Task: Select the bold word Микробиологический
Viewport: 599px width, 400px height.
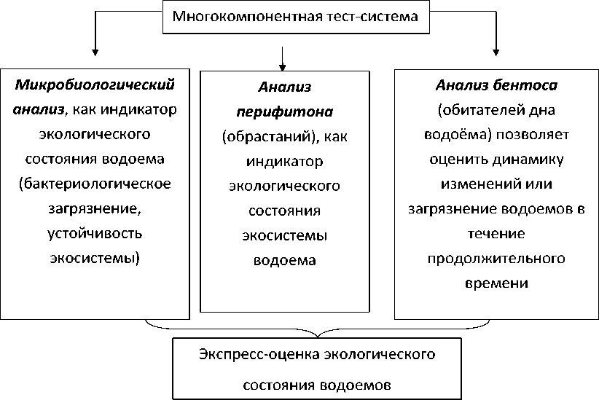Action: (95, 85)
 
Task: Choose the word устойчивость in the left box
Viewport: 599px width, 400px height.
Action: (95, 233)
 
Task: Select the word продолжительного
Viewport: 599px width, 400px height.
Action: (496, 258)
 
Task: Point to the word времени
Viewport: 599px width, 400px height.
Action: (496, 283)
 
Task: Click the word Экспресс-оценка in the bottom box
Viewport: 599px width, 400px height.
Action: (246, 355)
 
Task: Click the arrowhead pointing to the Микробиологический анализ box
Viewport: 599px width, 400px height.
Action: (95, 52)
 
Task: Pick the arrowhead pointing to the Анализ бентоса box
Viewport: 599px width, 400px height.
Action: (496, 52)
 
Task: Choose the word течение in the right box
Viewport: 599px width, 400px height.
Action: (496, 233)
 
